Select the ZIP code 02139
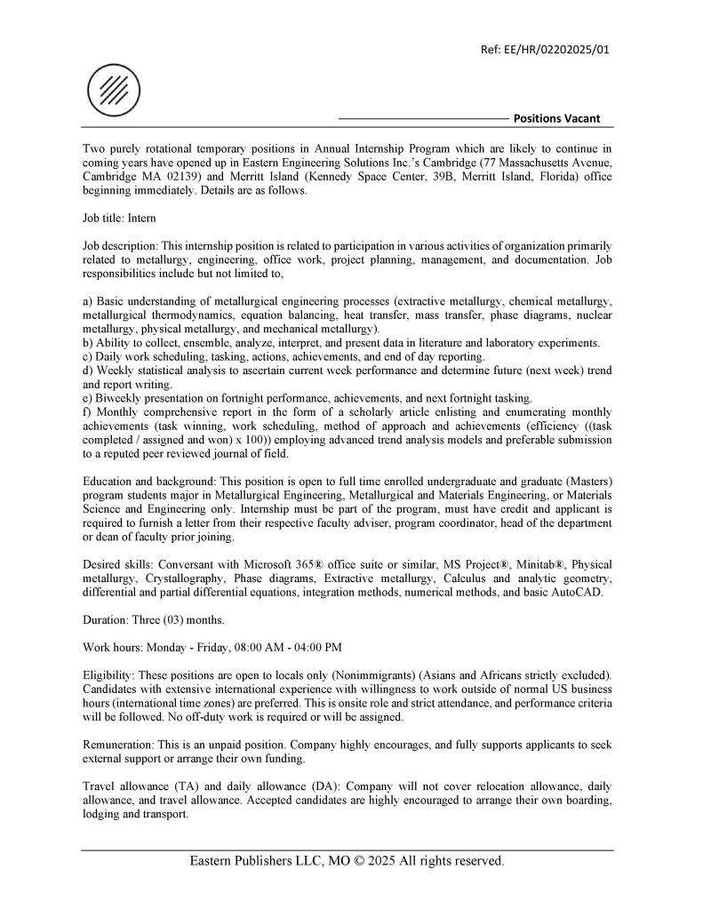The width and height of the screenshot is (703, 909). click(169, 177)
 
